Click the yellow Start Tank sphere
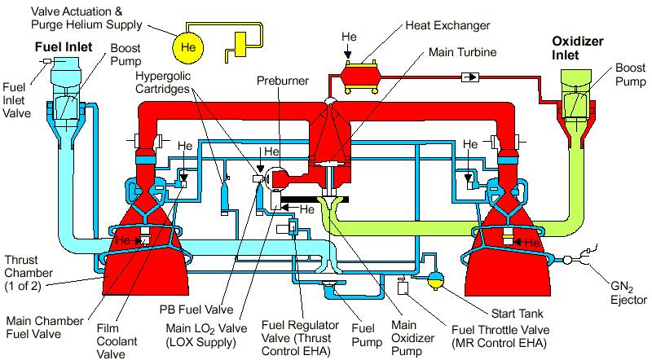(x=438, y=281)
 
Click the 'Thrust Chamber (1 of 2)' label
(x=29, y=254)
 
